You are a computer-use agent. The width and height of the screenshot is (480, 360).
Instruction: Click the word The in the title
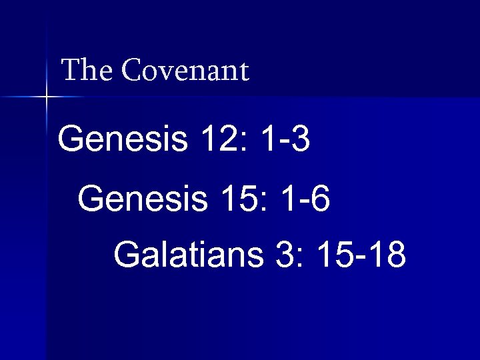point(87,71)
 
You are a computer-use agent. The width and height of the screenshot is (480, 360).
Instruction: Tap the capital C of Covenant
point(131,71)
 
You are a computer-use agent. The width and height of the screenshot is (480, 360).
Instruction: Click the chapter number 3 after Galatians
point(283,255)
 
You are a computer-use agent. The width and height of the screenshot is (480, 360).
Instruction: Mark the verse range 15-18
point(362,255)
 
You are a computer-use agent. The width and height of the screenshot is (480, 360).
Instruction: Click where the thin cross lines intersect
point(47,97)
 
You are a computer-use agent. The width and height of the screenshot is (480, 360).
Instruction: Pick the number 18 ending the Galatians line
point(387,255)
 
